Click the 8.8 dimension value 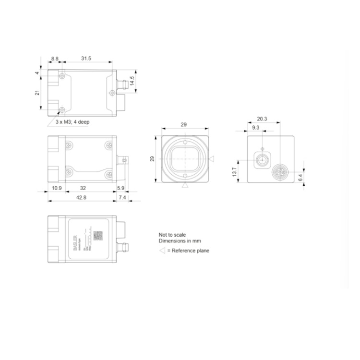pos(55,58)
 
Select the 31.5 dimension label pos(86,58)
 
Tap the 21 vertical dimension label pos(37,92)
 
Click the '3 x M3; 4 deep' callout pos(72,122)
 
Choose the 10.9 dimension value pos(56,188)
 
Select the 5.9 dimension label pos(120,188)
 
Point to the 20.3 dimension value pos(262,119)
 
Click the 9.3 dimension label pos(255,128)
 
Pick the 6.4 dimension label pos(300,177)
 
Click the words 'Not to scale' pos(172,235)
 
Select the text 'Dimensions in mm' pos(179,241)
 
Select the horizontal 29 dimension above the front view pos(184,124)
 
